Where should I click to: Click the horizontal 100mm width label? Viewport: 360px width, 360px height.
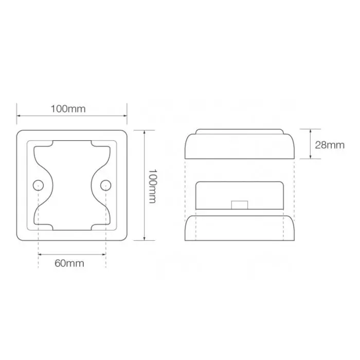click(68, 109)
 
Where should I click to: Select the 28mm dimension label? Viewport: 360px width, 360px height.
click(329, 145)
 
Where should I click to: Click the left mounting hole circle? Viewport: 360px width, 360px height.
click(38, 185)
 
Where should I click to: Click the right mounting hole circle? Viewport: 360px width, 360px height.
click(105, 185)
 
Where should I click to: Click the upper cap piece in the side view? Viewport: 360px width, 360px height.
click(239, 147)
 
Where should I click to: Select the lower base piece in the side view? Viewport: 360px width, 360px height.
click(239, 227)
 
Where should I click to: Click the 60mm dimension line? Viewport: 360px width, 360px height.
click(71, 254)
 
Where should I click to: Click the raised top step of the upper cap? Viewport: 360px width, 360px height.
click(239, 131)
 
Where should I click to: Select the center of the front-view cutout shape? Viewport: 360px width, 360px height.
click(71, 185)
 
